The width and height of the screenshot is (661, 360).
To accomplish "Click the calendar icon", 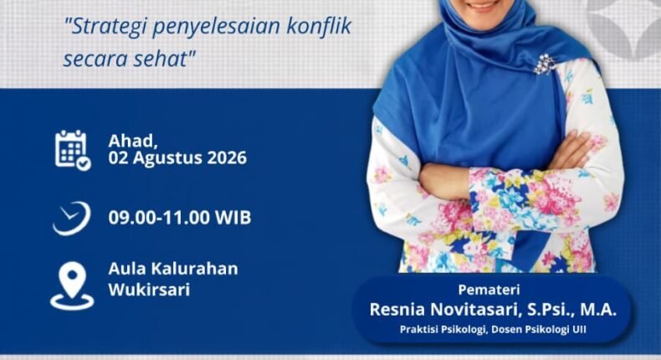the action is pyautogui.click(x=73, y=150).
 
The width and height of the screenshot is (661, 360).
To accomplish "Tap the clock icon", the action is pyautogui.click(x=72, y=218).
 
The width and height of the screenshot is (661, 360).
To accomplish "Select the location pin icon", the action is pyautogui.click(x=72, y=285).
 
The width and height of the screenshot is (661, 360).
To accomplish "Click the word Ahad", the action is pyautogui.click(x=133, y=141).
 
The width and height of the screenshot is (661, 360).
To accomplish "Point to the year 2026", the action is pyautogui.click(x=227, y=158).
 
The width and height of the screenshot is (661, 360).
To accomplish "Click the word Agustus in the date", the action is pyautogui.click(x=168, y=159).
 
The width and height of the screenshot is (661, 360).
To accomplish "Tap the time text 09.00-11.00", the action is pyautogui.click(x=159, y=218).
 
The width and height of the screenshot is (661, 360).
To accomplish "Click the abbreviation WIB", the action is pyautogui.click(x=233, y=218).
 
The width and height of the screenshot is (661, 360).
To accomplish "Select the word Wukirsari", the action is pyautogui.click(x=149, y=290).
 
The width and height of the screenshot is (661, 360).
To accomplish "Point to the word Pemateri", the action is pyautogui.click(x=489, y=290).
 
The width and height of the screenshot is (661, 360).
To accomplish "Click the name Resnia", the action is pyautogui.click(x=397, y=310).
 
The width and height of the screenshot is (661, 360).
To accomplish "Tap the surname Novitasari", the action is pyautogui.click(x=474, y=311).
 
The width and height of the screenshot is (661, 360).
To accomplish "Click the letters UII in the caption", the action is pyautogui.click(x=579, y=330).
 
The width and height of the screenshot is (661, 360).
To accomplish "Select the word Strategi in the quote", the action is pyautogui.click(x=107, y=28).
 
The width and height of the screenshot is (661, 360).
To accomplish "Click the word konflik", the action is pyautogui.click(x=319, y=26).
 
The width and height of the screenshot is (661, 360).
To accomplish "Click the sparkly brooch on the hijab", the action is pyautogui.click(x=544, y=64).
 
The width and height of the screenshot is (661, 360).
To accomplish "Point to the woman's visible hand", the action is pyautogui.click(x=571, y=151).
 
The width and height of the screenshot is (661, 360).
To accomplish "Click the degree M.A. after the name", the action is pyautogui.click(x=598, y=311).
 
